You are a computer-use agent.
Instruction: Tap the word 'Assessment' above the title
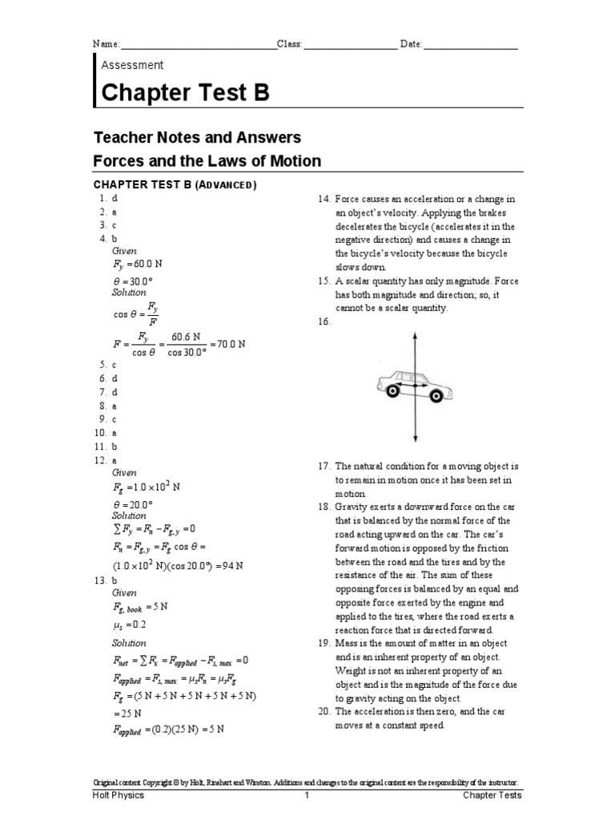click(x=132, y=65)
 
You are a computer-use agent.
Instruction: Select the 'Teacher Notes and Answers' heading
click(x=198, y=137)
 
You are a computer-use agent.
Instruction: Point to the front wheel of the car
click(x=436, y=393)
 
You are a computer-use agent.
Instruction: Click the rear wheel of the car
click(x=392, y=390)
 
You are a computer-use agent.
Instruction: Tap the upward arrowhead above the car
click(x=414, y=336)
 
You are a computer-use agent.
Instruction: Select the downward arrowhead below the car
click(x=414, y=438)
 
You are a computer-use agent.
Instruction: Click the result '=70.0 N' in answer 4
click(x=226, y=342)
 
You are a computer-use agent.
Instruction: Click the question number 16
click(x=324, y=322)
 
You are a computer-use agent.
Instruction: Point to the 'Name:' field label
click(x=106, y=44)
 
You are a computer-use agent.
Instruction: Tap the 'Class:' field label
click(x=290, y=44)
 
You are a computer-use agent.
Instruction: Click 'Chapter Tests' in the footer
click(x=492, y=795)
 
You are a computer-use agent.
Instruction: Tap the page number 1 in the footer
click(x=306, y=795)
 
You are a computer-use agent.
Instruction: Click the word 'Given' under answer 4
click(x=125, y=251)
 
